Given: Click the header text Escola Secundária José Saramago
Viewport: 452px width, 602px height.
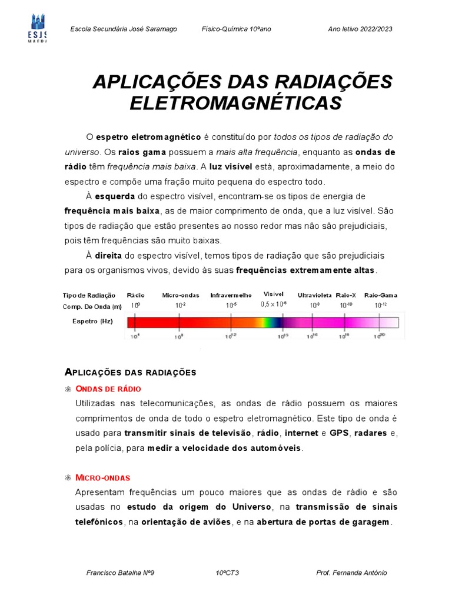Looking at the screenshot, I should [x=123, y=29].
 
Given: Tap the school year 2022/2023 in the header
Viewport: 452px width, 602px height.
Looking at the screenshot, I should [x=360, y=29].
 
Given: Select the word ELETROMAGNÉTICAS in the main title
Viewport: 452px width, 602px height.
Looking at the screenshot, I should [x=235, y=103].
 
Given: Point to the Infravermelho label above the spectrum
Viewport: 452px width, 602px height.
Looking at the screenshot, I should [x=231, y=295].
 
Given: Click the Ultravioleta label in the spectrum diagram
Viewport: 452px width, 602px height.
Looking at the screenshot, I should [x=315, y=295].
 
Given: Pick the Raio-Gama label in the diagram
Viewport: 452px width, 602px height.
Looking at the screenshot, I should [x=381, y=295].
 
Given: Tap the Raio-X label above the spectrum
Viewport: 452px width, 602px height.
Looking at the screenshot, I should [x=346, y=295].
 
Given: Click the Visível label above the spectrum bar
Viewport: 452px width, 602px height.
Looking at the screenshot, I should [x=274, y=293].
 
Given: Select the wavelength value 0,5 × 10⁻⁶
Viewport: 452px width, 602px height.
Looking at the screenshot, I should [x=274, y=305].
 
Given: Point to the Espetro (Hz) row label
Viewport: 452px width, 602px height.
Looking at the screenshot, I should [x=92, y=322].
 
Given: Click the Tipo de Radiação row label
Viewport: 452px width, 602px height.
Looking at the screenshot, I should [x=89, y=295].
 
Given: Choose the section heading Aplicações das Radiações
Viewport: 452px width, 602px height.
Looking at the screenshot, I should [x=129, y=372].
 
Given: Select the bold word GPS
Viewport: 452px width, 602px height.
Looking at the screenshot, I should [x=339, y=433].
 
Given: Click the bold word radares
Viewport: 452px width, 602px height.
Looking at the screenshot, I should [x=372, y=433].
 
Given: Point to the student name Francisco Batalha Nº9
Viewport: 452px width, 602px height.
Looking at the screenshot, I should [x=120, y=573].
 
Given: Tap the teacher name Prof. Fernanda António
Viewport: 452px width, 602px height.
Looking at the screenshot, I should [x=351, y=573].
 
